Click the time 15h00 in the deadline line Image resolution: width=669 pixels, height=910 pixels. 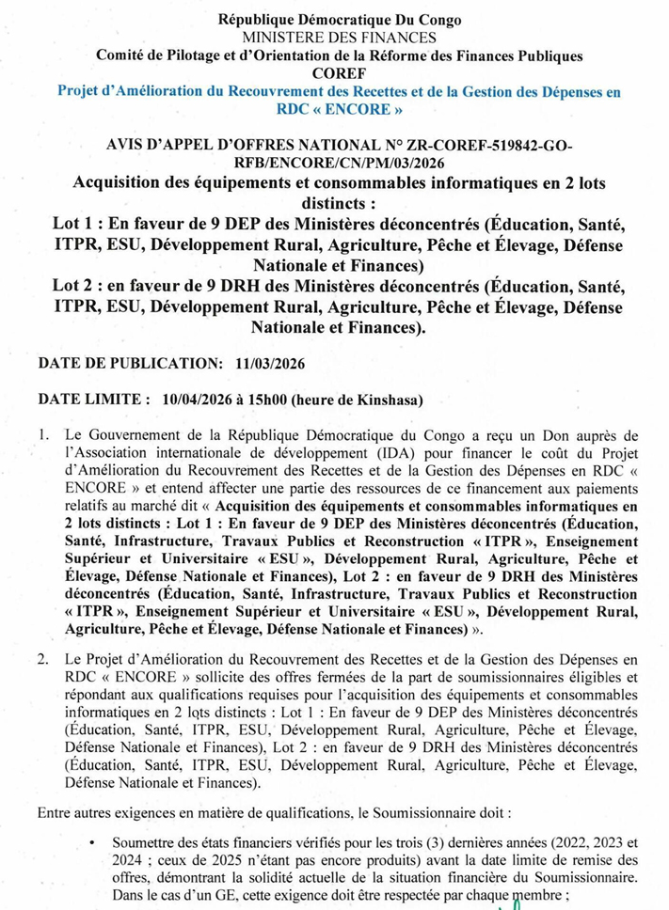[268, 400]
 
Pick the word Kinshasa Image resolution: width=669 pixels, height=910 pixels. [387, 400]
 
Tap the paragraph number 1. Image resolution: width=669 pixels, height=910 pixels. [43, 437]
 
